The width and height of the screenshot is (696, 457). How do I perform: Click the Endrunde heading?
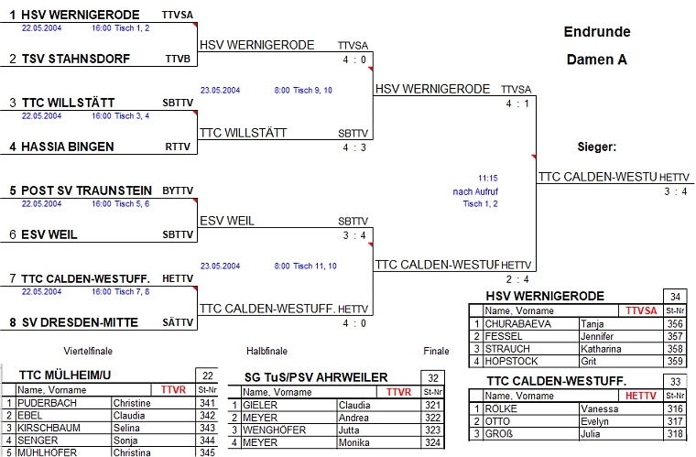(x=597, y=32)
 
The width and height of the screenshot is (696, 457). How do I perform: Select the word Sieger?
(x=596, y=147)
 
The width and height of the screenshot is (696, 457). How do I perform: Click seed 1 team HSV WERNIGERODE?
(x=81, y=15)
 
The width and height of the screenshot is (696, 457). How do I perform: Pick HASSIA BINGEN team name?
(x=68, y=147)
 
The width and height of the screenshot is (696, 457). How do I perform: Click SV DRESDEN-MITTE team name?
(x=80, y=322)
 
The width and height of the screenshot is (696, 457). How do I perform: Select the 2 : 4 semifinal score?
(x=517, y=279)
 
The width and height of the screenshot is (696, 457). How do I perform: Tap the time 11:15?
(x=487, y=178)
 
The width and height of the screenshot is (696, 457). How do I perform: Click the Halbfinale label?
(x=266, y=351)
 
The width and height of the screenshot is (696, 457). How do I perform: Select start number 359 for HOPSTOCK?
(x=676, y=362)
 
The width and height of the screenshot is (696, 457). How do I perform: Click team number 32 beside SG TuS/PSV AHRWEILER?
(x=432, y=376)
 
